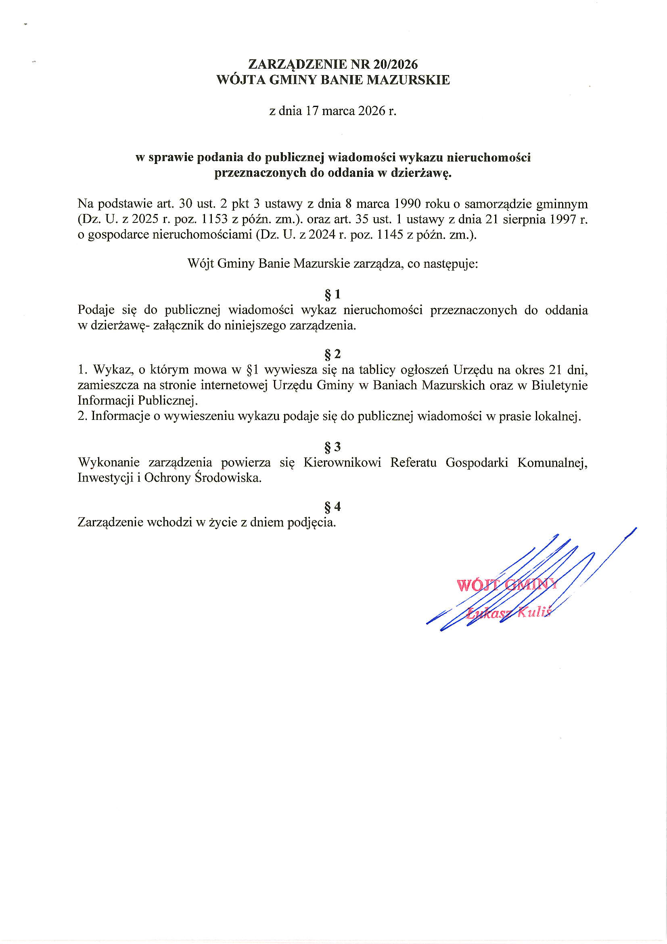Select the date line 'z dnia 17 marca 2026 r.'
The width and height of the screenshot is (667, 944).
click(x=333, y=111)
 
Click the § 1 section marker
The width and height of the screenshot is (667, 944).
click(x=333, y=294)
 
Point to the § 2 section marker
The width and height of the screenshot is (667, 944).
click(x=333, y=354)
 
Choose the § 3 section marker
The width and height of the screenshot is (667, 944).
click(x=333, y=447)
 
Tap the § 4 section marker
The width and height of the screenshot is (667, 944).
click(x=333, y=507)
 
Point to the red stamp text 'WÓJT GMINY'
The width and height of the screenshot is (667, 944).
click(x=506, y=585)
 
